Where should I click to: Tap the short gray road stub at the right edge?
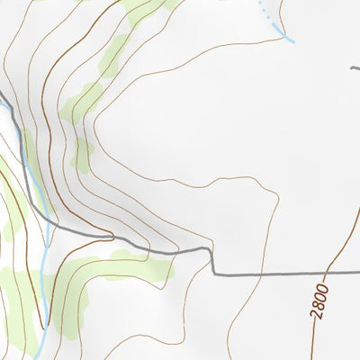tap(355, 66)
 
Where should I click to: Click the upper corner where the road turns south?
tap(211, 250)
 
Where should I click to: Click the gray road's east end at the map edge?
tap(358, 272)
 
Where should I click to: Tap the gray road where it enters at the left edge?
tap(2, 94)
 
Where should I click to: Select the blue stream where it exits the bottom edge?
tap(41, 357)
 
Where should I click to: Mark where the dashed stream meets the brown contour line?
tap(273, 24)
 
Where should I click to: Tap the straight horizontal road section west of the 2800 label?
tap(270, 274)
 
